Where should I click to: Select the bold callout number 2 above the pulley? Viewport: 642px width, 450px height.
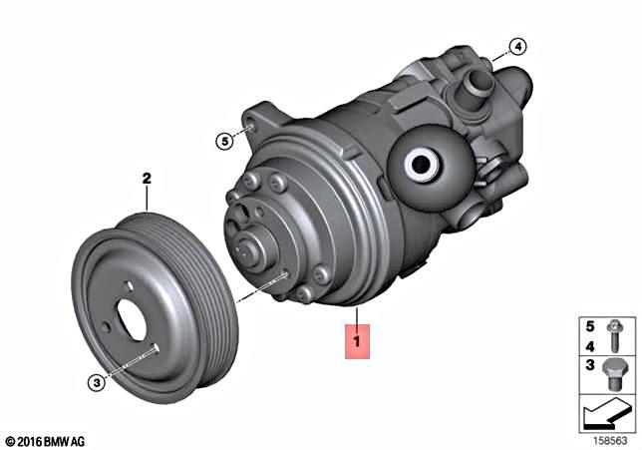(x=146, y=180)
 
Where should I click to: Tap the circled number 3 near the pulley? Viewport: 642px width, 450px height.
(x=97, y=381)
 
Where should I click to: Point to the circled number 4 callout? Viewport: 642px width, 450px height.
(x=516, y=47)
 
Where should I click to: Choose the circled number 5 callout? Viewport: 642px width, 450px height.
(x=226, y=141)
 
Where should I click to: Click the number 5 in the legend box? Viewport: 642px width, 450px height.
(x=589, y=326)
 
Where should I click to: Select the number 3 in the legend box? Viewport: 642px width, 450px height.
(x=589, y=366)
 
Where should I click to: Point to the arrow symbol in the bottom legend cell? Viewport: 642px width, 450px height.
(x=606, y=412)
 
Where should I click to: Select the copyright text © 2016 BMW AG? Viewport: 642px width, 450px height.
(x=45, y=440)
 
